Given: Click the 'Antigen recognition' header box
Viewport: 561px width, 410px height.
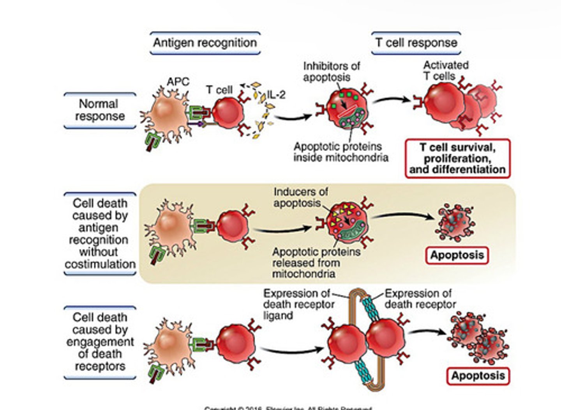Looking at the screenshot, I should point(205,43).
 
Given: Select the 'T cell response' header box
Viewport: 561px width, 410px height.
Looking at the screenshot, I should point(416,43).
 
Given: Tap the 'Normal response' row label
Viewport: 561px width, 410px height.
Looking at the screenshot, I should point(100,110).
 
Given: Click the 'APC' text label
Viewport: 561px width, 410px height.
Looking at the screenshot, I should point(178,82).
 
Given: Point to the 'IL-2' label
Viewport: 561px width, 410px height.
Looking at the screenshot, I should point(276,94).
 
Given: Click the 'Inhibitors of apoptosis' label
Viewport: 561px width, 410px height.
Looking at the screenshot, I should point(331,71).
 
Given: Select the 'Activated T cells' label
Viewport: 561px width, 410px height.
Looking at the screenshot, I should point(446,71).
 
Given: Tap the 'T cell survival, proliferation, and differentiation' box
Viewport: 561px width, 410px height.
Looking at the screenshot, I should point(457,158).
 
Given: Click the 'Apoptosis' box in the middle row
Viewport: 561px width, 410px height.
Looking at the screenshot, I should point(457,256).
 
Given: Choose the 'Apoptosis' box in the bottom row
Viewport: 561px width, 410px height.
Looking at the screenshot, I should point(478,376).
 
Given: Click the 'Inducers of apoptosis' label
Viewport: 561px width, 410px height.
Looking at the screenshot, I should point(300,197).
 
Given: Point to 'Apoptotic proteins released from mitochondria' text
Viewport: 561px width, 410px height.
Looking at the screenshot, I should point(316,263).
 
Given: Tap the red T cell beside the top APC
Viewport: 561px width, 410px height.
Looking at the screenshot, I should point(228,113).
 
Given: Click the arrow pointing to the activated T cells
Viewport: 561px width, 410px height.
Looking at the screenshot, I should point(391,100).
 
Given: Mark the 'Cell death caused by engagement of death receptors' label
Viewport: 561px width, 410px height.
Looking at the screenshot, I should point(100,342).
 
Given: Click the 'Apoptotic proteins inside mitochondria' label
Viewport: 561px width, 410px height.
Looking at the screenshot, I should point(341,152).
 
